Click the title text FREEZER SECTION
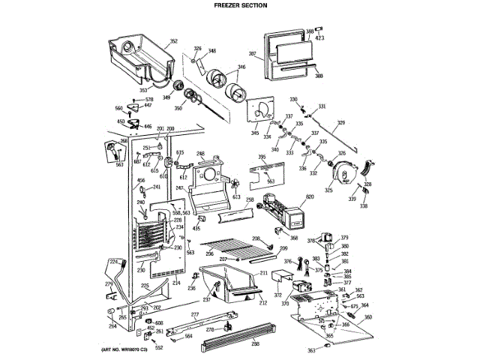pyautogui.click(x=240, y=5)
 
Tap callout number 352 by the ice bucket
pyautogui.click(x=173, y=41)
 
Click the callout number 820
pyautogui.click(x=309, y=196)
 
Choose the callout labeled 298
pyautogui.click(x=255, y=344)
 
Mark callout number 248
pyautogui.click(x=200, y=154)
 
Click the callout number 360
pyautogui.click(x=367, y=317)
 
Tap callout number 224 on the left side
pyautogui.click(x=114, y=260)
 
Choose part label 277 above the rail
pyautogui.click(x=195, y=315)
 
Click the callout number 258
pyautogui.click(x=250, y=201)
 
